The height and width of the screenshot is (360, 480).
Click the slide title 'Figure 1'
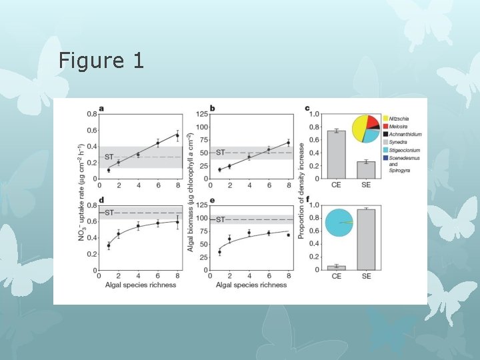101,61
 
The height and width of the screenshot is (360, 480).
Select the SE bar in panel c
367,170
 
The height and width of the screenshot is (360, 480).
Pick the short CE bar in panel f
337,267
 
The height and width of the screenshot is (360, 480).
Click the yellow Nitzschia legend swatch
385,119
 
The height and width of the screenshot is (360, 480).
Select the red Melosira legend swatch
385,127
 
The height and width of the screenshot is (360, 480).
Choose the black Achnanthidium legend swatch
385,135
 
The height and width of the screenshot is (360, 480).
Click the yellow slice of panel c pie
361,126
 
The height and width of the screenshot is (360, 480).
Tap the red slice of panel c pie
372,120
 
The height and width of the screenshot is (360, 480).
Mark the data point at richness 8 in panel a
177,135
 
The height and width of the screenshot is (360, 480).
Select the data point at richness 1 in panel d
109,246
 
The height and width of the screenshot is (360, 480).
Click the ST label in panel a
108,157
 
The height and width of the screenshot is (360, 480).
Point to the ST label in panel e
219,219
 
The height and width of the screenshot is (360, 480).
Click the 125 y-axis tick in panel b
202,114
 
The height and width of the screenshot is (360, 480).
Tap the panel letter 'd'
102,200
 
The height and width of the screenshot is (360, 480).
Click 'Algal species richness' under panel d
140,285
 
